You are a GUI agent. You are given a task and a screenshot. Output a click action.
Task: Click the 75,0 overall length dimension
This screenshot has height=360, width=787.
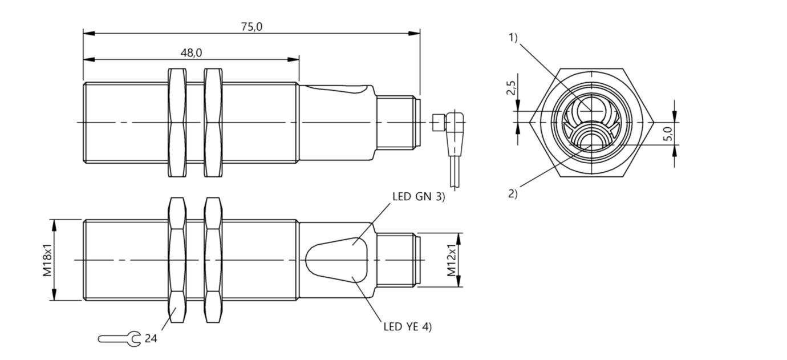tap(251, 27)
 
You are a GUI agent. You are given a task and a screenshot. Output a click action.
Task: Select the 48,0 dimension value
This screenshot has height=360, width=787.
tap(191, 52)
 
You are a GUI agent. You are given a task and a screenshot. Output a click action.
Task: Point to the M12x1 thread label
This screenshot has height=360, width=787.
tap(452, 261)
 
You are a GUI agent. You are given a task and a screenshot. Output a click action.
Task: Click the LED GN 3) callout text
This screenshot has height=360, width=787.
tap(418, 197)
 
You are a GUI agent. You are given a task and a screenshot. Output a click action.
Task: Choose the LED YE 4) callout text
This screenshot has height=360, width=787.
tap(407, 327)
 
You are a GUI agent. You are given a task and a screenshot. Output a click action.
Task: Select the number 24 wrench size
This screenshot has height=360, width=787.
tap(151, 339)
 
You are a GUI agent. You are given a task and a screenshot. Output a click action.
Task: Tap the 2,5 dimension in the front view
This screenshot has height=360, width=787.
tap(511, 89)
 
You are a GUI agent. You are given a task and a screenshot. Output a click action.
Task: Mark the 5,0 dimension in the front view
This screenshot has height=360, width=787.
tap(668, 134)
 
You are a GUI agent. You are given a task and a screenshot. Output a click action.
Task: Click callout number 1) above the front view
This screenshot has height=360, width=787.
tap(513, 38)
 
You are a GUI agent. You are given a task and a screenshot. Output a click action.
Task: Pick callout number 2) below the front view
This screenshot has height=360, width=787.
tap(513, 193)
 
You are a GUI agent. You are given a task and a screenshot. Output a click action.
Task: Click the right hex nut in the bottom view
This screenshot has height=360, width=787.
tap(213, 260)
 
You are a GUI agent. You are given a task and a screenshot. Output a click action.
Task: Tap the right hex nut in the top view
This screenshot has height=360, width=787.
tap(213, 122)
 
